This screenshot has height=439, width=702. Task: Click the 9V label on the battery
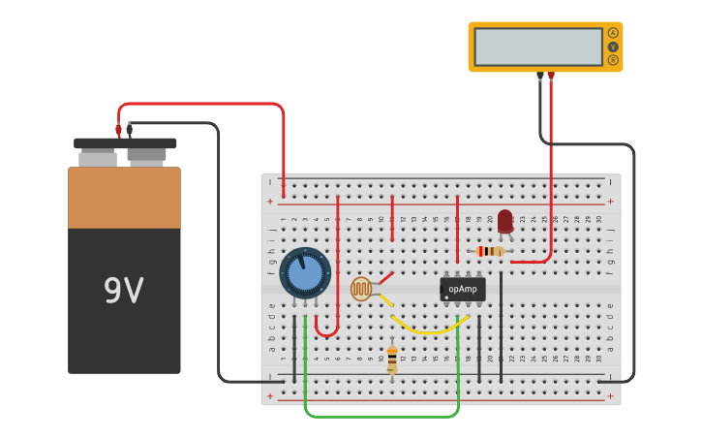click(x=123, y=291)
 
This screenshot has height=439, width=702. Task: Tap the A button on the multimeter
click(x=613, y=33)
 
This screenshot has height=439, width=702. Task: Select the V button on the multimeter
click(x=613, y=47)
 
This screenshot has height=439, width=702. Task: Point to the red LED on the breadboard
click(x=505, y=221)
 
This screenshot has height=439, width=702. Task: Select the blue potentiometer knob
click(x=305, y=272)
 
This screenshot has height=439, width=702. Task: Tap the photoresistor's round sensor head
click(x=361, y=289)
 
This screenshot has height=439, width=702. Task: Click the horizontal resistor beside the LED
click(x=491, y=251)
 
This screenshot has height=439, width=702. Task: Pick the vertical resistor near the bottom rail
click(x=392, y=360)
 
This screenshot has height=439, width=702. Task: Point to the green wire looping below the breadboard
click(x=382, y=417)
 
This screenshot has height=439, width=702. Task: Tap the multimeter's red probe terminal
click(x=551, y=76)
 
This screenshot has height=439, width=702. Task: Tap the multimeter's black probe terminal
click(x=540, y=76)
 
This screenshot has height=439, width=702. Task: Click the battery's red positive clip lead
click(x=118, y=129)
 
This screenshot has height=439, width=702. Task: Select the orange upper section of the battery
click(x=124, y=198)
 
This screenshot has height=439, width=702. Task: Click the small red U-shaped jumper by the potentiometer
click(x=327, y=332)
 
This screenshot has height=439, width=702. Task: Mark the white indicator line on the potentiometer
click(x=301, y=261)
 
